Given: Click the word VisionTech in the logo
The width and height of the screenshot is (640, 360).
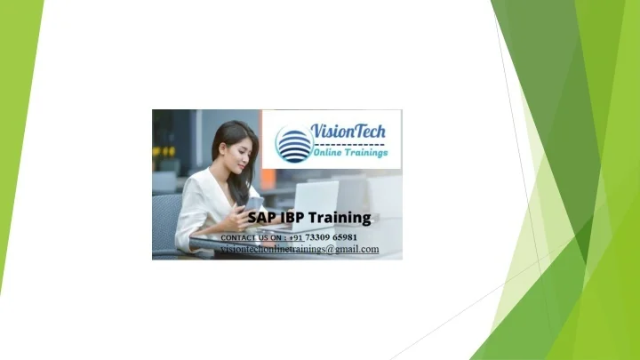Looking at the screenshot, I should coord(348,131).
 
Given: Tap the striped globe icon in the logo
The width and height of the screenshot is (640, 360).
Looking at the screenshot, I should coord(294,144).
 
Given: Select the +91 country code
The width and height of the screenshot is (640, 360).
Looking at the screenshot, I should coord(296,238).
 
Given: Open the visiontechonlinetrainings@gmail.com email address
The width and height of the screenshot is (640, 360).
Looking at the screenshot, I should coord(300,250).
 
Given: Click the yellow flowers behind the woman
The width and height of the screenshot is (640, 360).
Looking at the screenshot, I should coord(164,152).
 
